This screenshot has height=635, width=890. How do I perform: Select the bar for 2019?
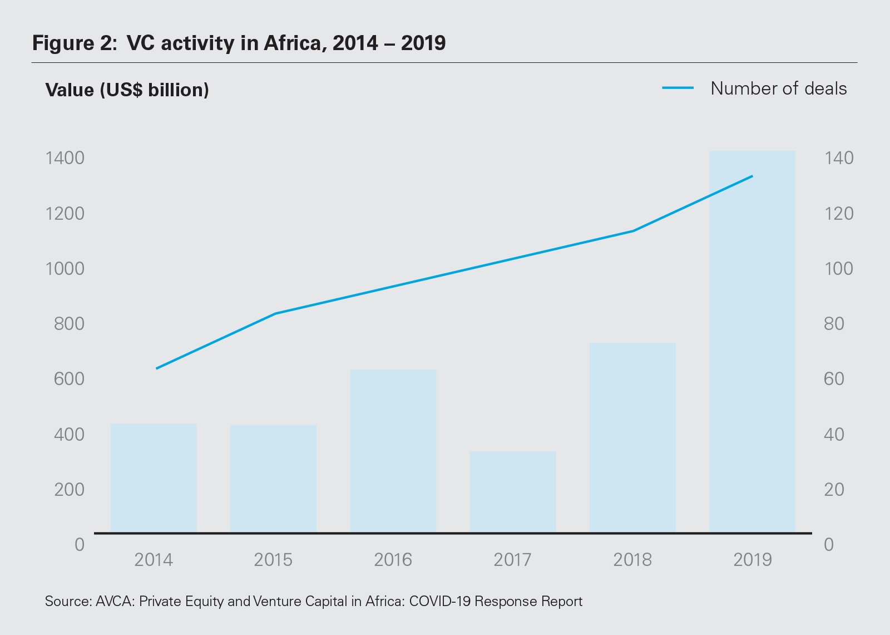[752, 342]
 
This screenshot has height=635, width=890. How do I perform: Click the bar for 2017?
[513, 492]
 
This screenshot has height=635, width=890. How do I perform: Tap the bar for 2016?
[393, 451]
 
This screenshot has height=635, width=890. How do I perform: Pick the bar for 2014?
[154, 478]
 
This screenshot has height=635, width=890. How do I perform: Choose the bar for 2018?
[632, 437]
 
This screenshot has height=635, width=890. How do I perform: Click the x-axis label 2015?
[273, 559]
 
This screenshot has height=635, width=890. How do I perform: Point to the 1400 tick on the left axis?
[65, 158]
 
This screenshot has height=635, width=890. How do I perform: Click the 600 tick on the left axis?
[69, 379]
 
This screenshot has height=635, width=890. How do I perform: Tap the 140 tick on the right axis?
[839, 158]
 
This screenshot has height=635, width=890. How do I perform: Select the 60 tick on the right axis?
[834, 379]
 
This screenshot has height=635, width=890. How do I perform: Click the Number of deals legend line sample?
[678, 88]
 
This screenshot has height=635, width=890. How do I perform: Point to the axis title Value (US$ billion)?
[127, 90]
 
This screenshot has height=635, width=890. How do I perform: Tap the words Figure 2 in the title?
[73, 43]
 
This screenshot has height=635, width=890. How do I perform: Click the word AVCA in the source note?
[113, 602]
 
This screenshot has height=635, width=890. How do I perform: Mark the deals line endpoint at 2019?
[752, 176]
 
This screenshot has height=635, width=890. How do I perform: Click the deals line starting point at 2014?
[157, 368]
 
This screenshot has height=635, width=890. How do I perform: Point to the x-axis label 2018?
[632, 559]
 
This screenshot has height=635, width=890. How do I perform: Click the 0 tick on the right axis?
[829, 544]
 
